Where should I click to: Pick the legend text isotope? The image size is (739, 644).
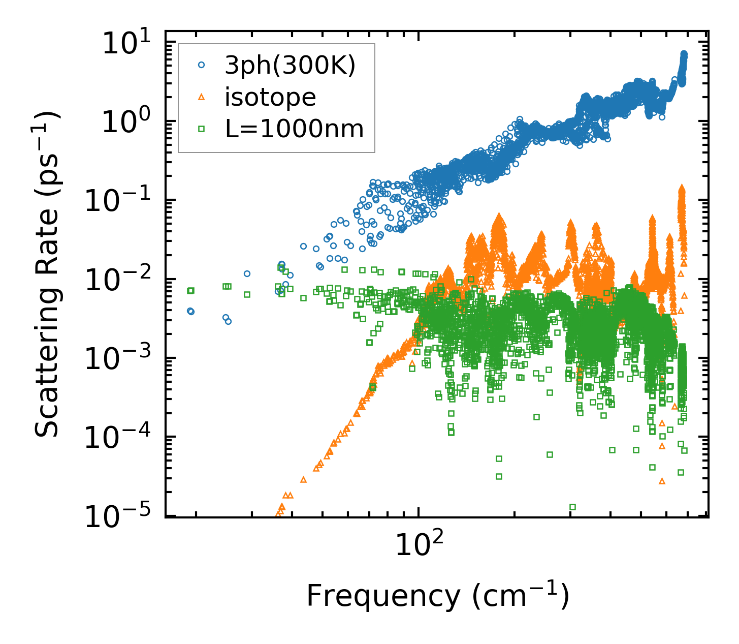click(270, 97)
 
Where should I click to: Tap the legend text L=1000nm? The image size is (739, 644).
click(295, 129)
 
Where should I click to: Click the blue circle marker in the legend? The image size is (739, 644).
click(202, 65)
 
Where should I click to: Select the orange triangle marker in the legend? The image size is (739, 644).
click(202, 97)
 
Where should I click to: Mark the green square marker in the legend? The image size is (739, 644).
click(202, 129)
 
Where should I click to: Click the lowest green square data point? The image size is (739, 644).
click(572, 507)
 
